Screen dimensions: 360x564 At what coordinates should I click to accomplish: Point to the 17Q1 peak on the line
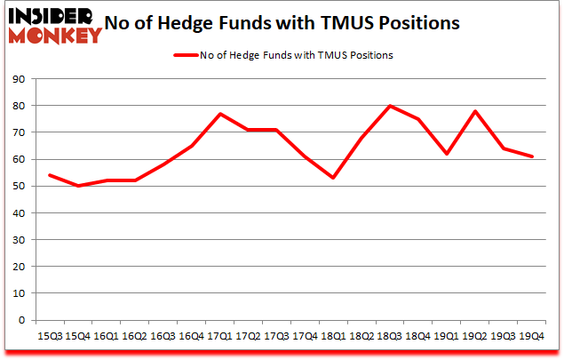[x=219, y=114]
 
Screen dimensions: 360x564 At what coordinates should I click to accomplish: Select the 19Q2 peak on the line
[x=475, y=111]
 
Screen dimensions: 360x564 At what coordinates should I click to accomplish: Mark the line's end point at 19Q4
[x=533, y=156]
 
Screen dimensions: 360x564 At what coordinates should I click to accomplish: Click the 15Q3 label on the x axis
[x=48, y=338]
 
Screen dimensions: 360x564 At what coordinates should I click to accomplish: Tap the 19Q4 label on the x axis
[x=533, y=338]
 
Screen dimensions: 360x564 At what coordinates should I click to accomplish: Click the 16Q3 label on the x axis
[x=163, y=338]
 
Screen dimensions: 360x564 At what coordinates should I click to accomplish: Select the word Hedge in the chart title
[x=201, y=23]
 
